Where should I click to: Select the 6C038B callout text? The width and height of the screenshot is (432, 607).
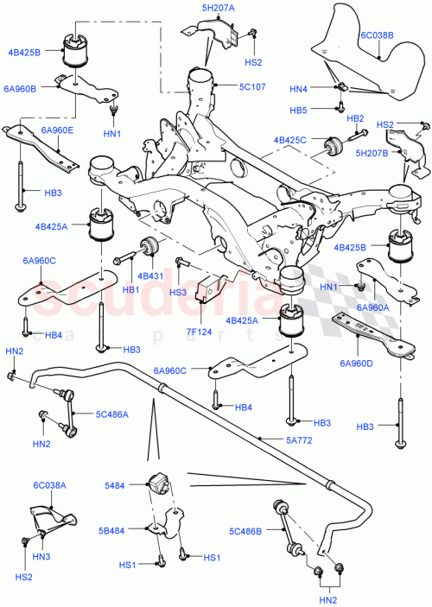click(x=377, y=36)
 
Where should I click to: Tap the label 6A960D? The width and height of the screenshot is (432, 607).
click(x=358, y=364)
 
